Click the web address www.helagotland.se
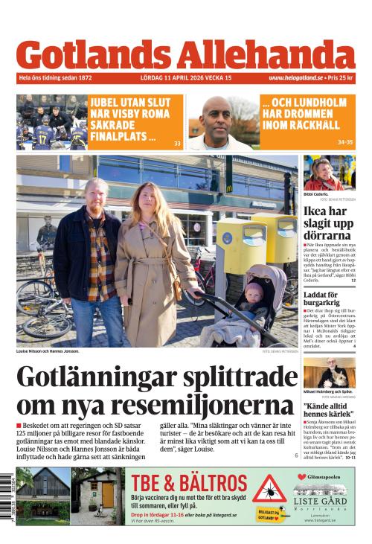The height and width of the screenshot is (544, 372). [295, 78]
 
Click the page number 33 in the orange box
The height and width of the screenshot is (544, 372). [177, 143]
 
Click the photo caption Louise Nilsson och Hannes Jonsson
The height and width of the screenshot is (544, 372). [48, 351]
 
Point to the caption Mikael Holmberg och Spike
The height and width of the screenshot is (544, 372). [327, 391]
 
